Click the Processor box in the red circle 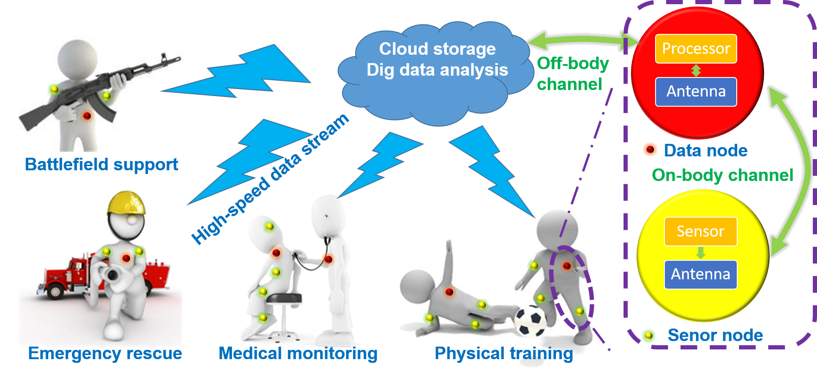point(696,49)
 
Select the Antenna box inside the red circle point(696,92)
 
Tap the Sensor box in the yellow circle point(701,232)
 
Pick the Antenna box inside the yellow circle point(701,274)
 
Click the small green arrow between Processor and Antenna point(696,70)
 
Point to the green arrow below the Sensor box point(701,253)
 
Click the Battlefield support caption point(101,164)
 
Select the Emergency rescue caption point(105,354)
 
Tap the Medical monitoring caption point(298,354)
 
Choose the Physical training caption point(504,354)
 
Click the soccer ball point(531,321)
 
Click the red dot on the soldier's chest point(87,116)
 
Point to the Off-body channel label point(573,74)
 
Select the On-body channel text point(722,175)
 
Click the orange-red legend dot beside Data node point(650,150)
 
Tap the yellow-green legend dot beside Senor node point(649,335)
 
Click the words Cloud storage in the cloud point(437,49)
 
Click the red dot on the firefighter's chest point(126,258)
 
